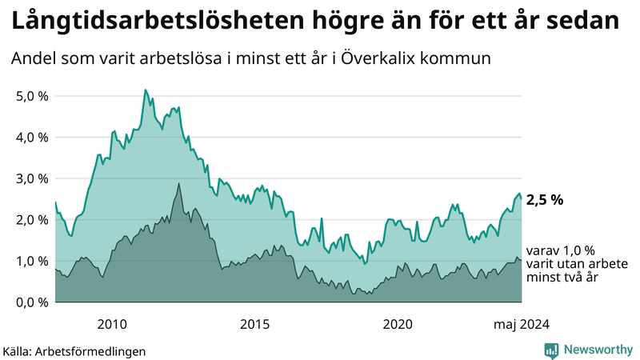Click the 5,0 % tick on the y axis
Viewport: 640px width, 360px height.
tap(32, 96)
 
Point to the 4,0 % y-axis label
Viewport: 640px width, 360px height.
tap(32, 137)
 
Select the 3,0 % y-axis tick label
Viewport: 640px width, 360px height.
tap(32, 178)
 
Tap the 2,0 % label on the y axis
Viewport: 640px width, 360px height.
tap(32, 220)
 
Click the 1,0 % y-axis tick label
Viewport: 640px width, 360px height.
tap(32, 261)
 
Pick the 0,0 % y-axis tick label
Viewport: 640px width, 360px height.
tap(32, 302)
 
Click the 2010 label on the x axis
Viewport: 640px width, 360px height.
tap(112, 324)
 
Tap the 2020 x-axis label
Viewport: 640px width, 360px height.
tap(398, 324)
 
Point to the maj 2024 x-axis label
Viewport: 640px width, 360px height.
tap(521, 324)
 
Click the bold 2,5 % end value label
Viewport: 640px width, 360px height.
tap(545, 200)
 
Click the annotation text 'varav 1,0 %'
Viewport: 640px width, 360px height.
tap(561, 250)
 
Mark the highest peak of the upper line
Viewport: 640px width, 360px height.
tap(145, 90)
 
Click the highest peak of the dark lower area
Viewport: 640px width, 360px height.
tap(178, 184)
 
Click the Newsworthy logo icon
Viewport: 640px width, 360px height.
tap(551, 350)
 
